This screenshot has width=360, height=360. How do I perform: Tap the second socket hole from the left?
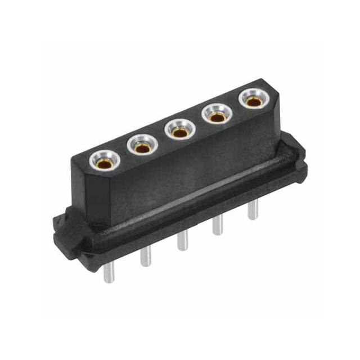pos(142,146)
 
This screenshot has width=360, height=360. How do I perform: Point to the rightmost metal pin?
pos(251,211)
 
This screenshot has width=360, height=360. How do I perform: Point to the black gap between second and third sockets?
pos(160,140)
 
